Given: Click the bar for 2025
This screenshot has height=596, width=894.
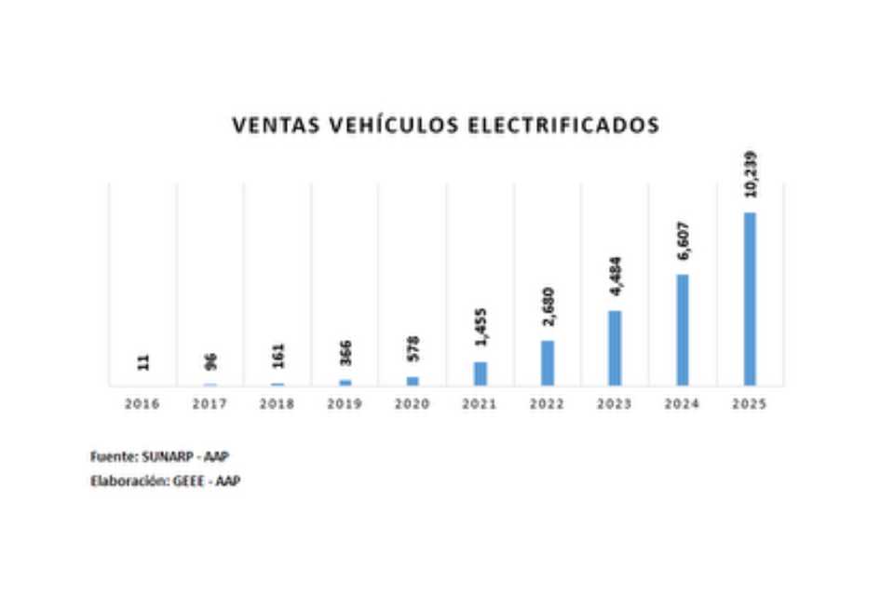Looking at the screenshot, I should point(750,299).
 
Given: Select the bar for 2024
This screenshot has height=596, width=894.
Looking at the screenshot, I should point(683,330).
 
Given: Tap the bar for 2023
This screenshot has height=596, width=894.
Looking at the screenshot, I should point(615,347).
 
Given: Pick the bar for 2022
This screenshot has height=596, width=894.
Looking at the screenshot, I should point(548,363).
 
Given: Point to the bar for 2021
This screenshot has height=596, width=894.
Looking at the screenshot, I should point(481,373).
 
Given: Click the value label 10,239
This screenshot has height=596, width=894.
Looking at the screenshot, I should point(751,174).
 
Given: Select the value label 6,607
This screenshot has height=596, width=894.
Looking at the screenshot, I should point(683,239).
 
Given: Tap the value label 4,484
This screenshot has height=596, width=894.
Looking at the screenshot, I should point(615,277).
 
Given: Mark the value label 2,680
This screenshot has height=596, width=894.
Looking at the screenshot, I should point(548,307).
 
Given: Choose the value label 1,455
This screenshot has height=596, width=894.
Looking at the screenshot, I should point(481,329).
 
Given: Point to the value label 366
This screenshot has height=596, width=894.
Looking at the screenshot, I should point(345,355).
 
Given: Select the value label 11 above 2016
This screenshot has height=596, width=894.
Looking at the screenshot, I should point(143,362).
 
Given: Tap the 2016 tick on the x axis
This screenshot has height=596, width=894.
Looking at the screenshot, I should point(143,404).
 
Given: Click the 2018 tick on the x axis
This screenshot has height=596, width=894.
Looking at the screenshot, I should point(278,404).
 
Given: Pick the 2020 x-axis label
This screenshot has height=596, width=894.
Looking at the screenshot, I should point(413,404).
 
